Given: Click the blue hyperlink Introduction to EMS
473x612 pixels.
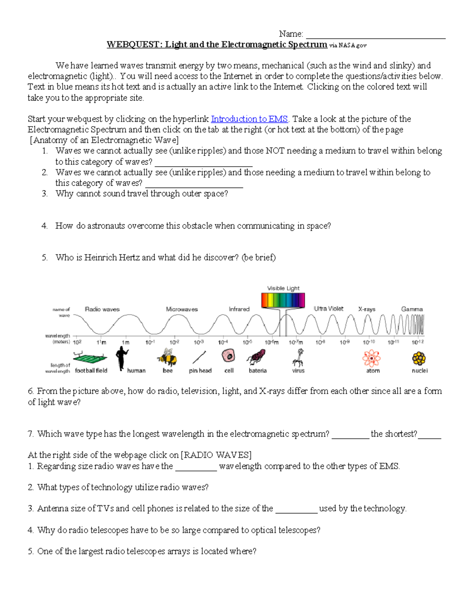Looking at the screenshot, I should (250, 119).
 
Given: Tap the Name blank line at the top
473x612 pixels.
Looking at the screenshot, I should (375, 35).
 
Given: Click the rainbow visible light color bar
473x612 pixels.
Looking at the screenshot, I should (283, 300).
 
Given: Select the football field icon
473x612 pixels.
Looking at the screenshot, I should (90, 358).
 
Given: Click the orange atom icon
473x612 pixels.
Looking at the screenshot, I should (371, 358).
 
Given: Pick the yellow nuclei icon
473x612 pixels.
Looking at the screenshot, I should (419, 358).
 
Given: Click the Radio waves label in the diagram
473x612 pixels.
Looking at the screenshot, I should (102, 309).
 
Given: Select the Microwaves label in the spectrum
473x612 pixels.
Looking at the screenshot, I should (182, 309).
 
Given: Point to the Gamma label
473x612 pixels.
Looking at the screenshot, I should (412, 309).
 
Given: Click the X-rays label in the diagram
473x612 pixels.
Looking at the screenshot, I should (367, 309).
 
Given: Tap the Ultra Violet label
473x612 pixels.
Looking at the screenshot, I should (328, 309).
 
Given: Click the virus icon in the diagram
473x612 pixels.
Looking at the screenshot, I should (299, 357).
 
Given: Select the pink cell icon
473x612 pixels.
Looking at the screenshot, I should (228, 356).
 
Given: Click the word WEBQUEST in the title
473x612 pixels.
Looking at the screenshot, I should (133, 45).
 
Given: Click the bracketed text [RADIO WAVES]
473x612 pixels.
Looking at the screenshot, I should (216, 455).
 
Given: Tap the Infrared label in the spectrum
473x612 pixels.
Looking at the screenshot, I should (239, 309).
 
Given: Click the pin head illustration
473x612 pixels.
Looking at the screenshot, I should (199, 357).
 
